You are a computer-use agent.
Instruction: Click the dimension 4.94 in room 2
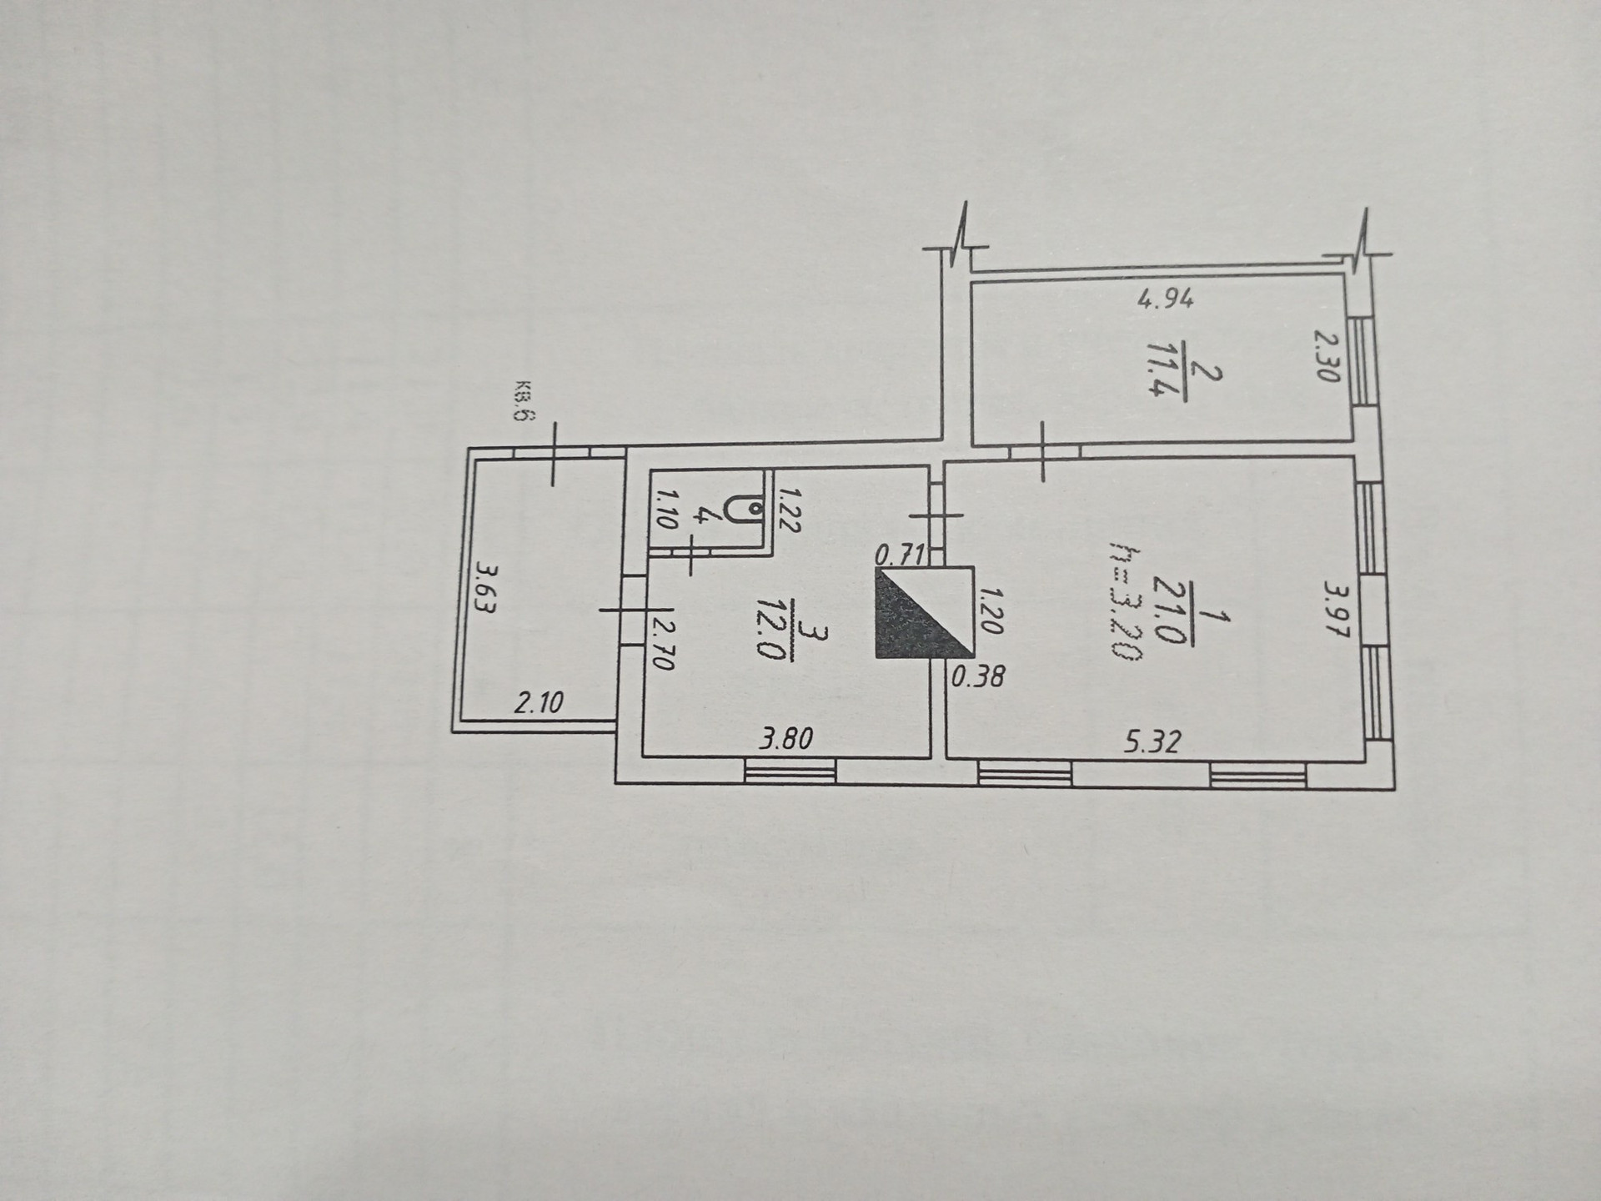point(1166,299)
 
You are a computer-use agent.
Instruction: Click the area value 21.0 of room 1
point(1170,614)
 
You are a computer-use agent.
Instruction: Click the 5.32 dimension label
point(1152,741)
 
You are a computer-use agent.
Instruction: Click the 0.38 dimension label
point(978,676)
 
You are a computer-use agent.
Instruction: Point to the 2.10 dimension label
point(538,702)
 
